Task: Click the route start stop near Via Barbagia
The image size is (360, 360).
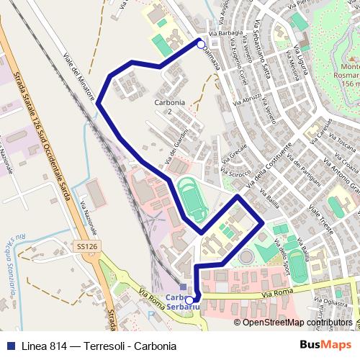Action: click(201, 44)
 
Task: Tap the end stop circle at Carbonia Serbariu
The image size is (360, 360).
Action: click(189, 300)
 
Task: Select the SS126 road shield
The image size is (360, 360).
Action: click(86, 246)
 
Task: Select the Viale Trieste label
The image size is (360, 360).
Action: click(325, 222)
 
